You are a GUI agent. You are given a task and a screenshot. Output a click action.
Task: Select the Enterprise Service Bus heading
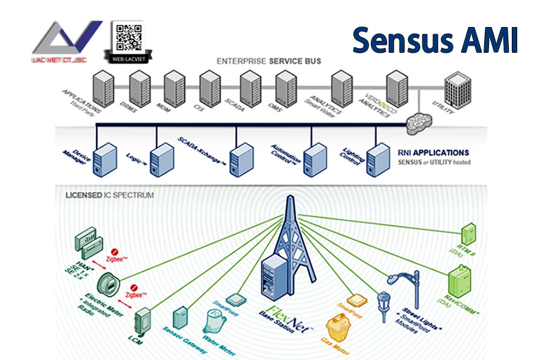point(268,61)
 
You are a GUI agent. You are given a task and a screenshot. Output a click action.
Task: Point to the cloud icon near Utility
point(419,119)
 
